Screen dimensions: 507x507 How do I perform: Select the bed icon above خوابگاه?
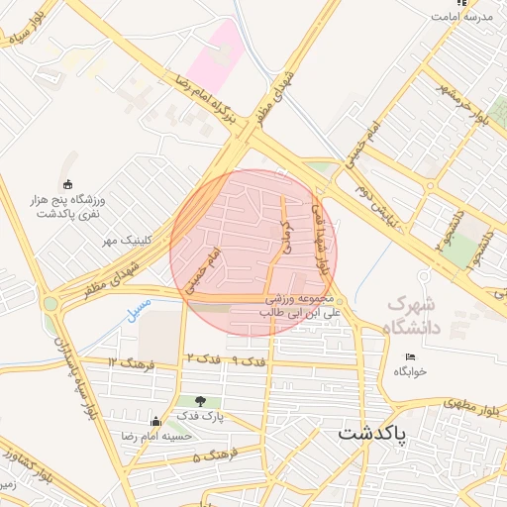click(x=410, y=356)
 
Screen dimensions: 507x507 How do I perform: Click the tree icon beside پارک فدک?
click(x=202, y=401)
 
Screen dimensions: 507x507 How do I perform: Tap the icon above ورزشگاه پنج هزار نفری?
click(x=67, y=183)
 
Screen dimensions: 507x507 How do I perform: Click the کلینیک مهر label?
click(x=125, y=241)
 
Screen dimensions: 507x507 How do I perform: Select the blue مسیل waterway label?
click(x=140, y=307)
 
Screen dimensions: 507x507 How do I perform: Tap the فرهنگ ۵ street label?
click(x=211, y=457)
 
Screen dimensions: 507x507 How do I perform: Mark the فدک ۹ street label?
click(x=247, y=362)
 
